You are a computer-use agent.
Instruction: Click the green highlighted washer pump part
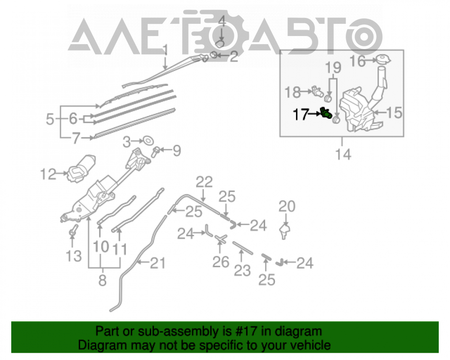pyautogui.click(x=326, y=113)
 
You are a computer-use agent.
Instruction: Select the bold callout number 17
pyautogui.click(x=301, y=115)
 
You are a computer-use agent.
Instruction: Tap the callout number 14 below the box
pyautogui.click(x=343, y=154)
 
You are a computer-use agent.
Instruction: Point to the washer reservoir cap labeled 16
pyautogui.click(x=383, y=59)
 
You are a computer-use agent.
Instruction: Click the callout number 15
pyautogui.click(x=394, y=112)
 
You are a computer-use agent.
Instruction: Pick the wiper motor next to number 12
pyautogui.click(x=81, y=168)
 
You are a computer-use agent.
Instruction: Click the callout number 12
pyautogui.click(x=48, y=174)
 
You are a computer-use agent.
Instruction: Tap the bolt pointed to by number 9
pyautogui.click(x=155, y=152)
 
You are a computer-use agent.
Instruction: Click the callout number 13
pyautogui.click(x=74, y=256)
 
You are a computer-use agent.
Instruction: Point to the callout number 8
pyautogui.click(x=103, y=280)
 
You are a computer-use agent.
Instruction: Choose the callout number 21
pyautogui.click(x=158, y=263)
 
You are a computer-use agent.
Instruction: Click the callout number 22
pyautogui.click(x=204, y=182)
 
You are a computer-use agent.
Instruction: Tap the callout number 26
pyautogui.click(x=220, y=261)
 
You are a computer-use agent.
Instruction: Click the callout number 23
pyautogui.click(x=242, y=270)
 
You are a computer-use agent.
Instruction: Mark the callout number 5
pyautogui.click(x=50, y=119)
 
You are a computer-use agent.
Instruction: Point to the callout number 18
pyautogui.click(x=292, y=92)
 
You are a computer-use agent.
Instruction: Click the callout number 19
pyautogui.click(x=333, y=67)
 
